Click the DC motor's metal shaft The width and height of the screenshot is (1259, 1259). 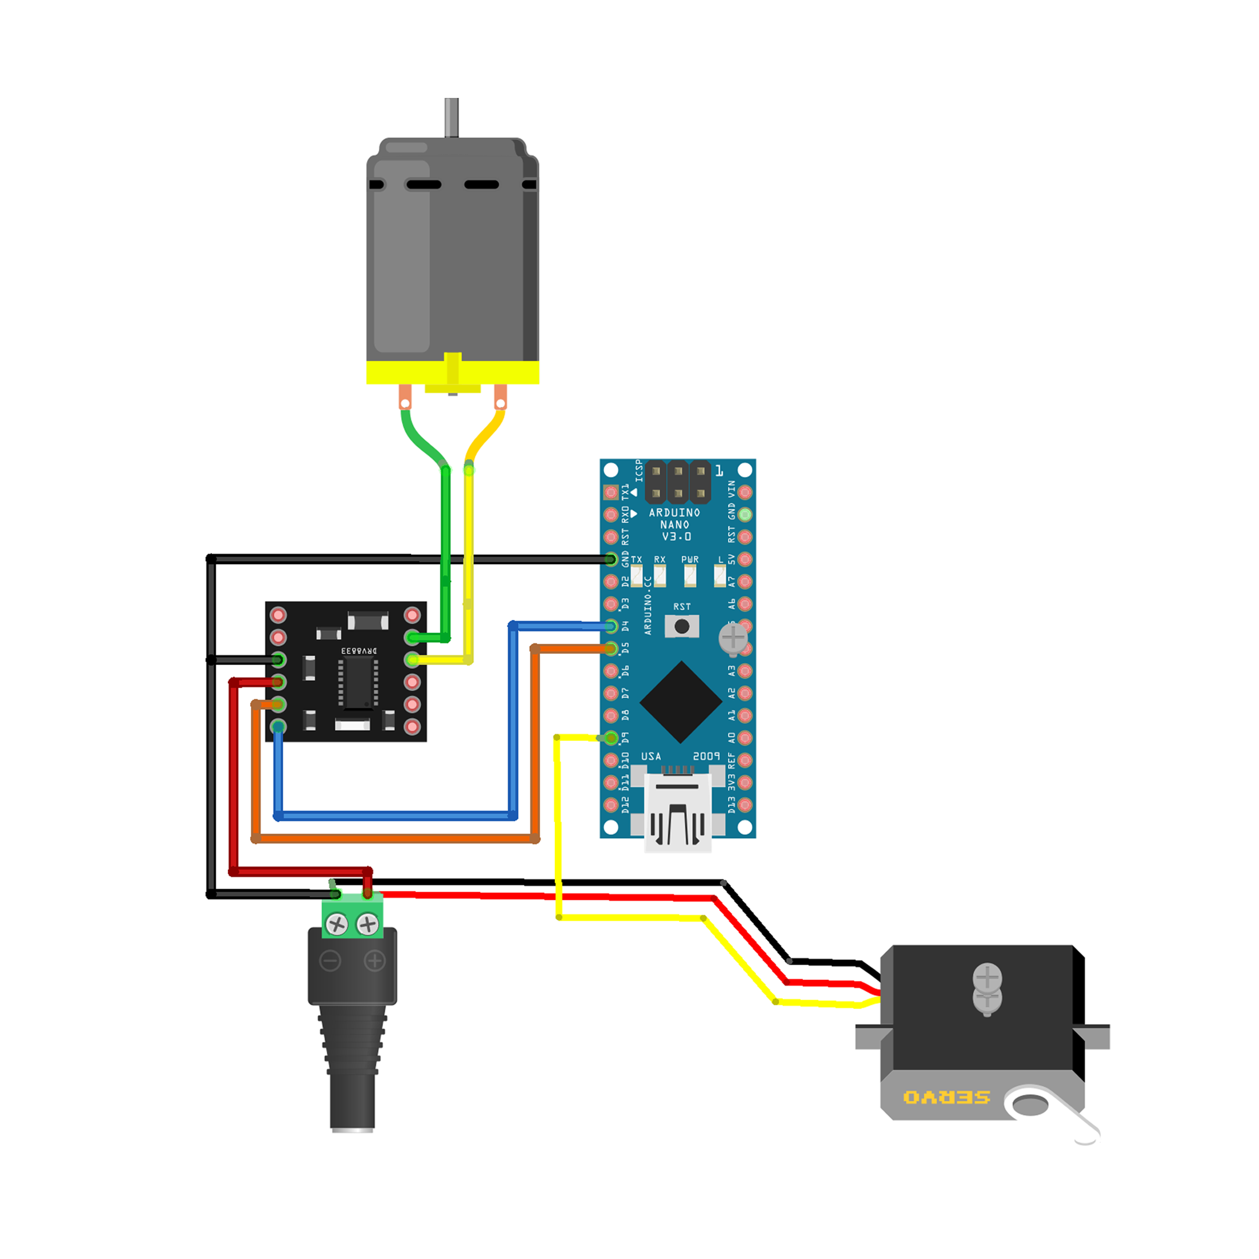[x=452, y=117]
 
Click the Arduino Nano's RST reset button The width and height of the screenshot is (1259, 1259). [x=681, y=626]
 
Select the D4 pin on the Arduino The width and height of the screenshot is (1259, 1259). [x=611, y=626]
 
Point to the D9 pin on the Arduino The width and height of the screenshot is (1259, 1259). [x=611, y=738]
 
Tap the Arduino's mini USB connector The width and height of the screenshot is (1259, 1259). [x=678, y=811]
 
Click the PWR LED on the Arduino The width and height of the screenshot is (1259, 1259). [x=690, y=575]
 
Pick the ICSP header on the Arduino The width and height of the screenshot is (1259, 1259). [x=678, y=482]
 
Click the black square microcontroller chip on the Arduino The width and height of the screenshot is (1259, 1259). [x=681, y=702]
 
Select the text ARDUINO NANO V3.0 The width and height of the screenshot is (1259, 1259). [x=675, y=525]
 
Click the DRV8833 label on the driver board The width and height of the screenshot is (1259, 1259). [x=359, y=650]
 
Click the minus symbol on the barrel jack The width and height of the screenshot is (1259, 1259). [x=330, y=961]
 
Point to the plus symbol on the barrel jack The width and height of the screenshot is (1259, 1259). [x=375, y=961]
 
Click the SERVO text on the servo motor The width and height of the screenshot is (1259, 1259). [x=946, y=1098]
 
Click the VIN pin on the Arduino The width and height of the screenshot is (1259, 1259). [x=745, y=492]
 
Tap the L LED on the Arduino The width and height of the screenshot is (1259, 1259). [x=719, y=575]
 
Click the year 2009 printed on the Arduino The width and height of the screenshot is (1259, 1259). [x=706, y=756]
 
